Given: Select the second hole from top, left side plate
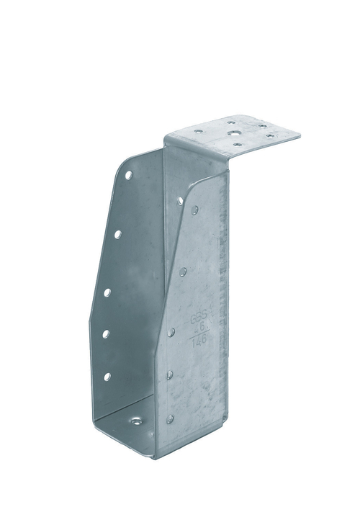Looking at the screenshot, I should pos(117,233).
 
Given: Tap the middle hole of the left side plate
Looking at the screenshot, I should pos(107,292).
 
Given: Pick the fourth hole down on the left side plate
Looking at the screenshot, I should pos(106,333).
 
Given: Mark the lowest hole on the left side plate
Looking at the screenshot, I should pos(107,376).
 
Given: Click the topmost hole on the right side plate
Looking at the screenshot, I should pos(195,210).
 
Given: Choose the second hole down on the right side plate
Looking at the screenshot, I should pos(183,272).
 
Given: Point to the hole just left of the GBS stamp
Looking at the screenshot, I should pos(171,332).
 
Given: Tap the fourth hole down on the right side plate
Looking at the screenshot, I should pos(170,374).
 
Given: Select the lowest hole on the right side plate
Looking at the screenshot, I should pos(170,418).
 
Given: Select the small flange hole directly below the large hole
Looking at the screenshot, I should pos(238,145).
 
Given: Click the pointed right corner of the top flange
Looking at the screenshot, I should pos(300,133).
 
